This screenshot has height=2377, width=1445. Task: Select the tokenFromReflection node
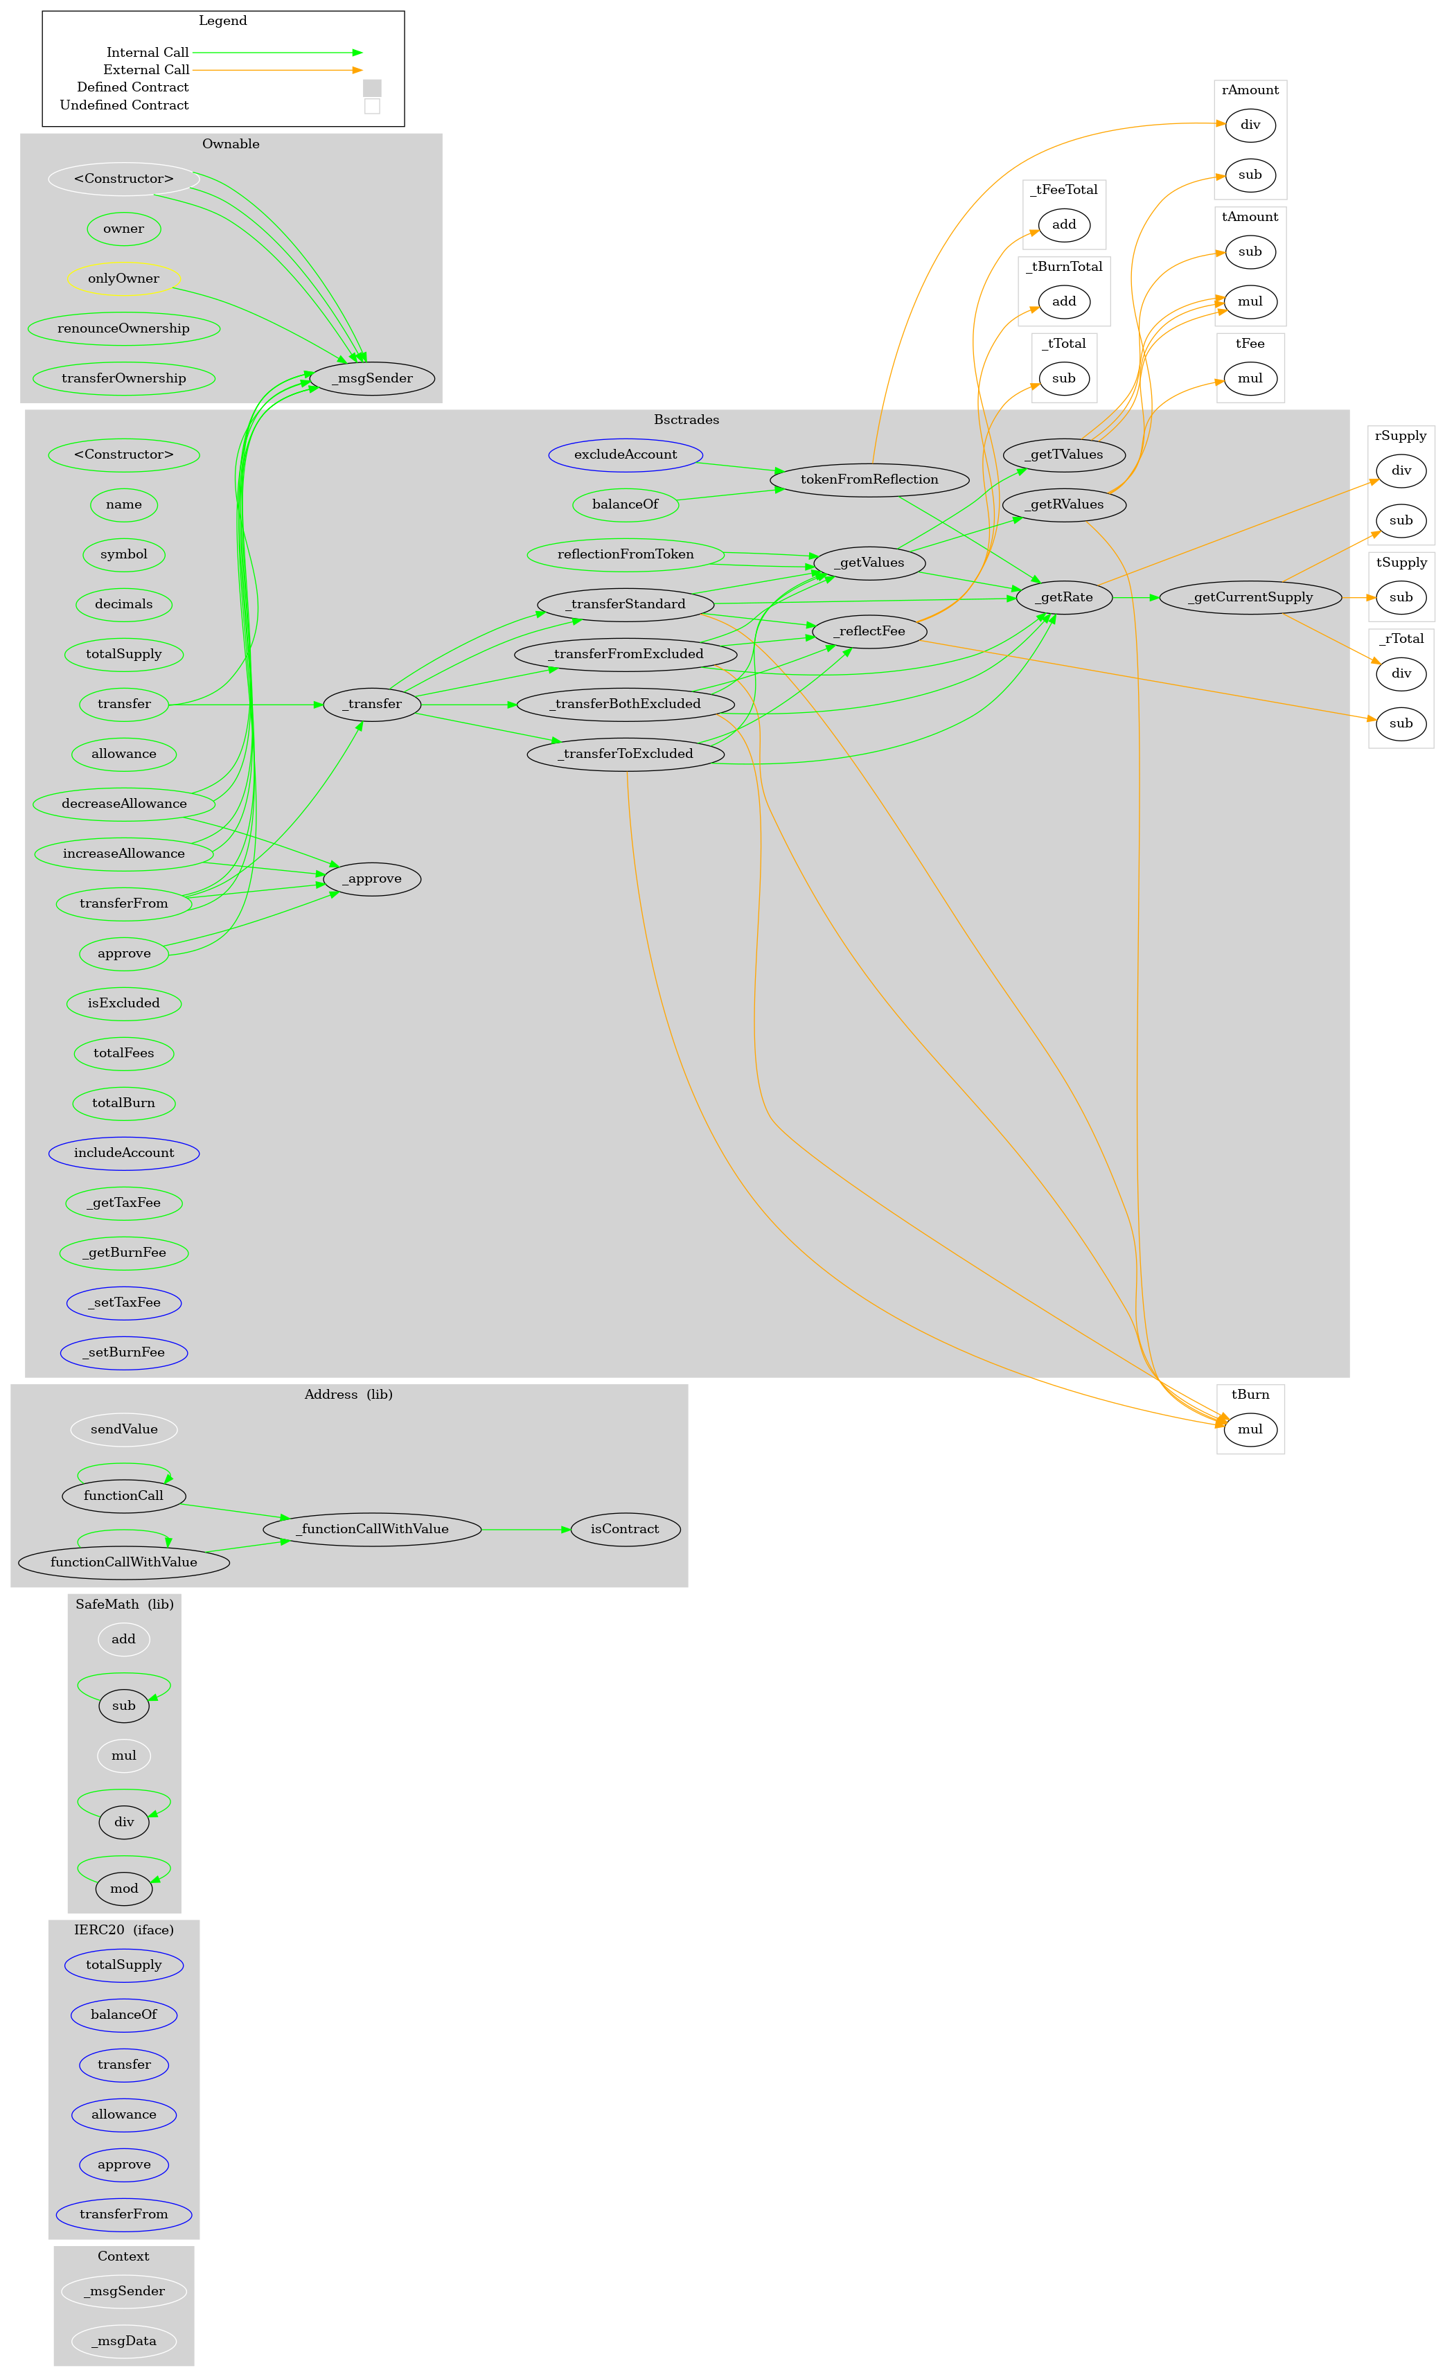[869, 479]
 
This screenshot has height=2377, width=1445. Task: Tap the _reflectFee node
[869, 631]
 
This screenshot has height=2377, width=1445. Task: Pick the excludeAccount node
[625, 454]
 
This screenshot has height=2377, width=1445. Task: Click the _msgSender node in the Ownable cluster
[371, 378]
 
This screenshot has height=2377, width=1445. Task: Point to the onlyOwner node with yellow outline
[123, 279]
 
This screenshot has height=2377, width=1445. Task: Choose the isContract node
[625, 1529]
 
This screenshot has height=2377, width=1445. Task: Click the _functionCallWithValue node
[371, 1529]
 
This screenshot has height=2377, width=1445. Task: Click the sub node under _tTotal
[1063, 378]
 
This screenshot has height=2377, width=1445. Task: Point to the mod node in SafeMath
[123, 1888]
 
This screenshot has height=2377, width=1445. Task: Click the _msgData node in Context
[123, 2340]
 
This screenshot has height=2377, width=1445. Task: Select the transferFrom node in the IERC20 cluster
[123, 2214]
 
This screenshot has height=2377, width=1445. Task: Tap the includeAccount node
[123, 1153]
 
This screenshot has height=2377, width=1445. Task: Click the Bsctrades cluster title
[686, 420]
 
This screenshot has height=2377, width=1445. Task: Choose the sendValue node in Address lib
[123, 1429]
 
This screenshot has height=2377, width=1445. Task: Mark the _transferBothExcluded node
[625, 703]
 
